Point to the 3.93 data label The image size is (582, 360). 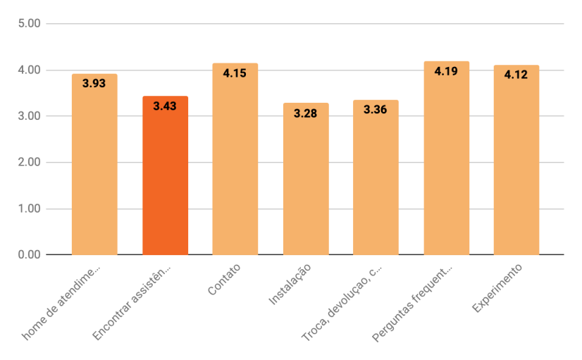pyautogui.click(x=94, y=83)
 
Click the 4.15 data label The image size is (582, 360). pyautogui.click(x=235, y=73)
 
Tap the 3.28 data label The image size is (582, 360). pyautogui.click(x=305, y=113)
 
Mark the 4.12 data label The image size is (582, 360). pyautogui.click(x=516, y=74)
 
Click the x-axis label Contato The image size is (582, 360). pyautogui.click(x=225, y=280)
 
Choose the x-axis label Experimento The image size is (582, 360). pyautogui.click(x=497, y=289)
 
